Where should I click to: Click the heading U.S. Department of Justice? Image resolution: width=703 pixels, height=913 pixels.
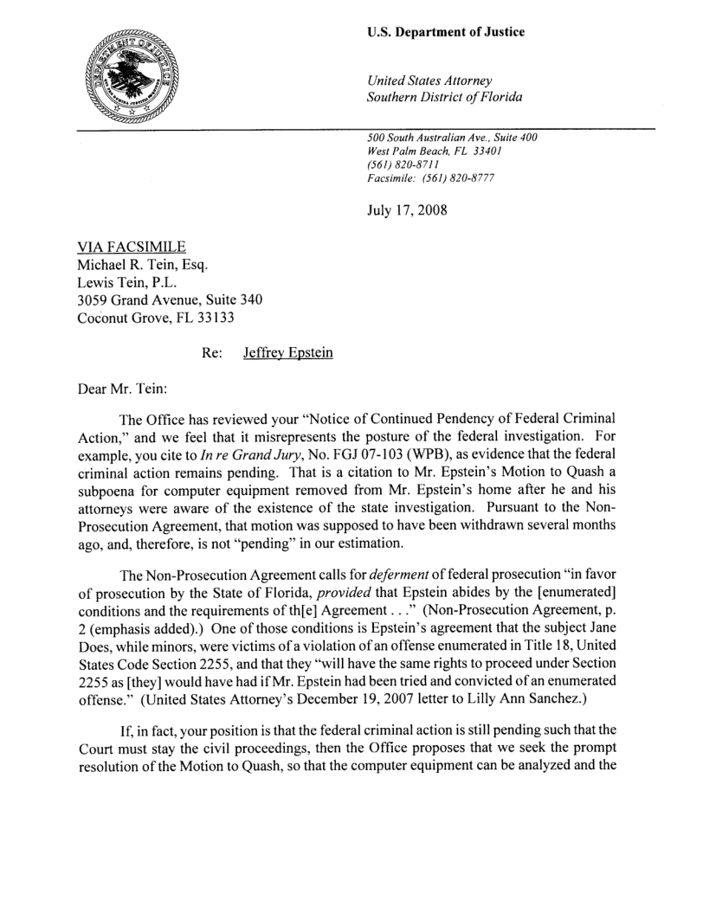446,32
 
